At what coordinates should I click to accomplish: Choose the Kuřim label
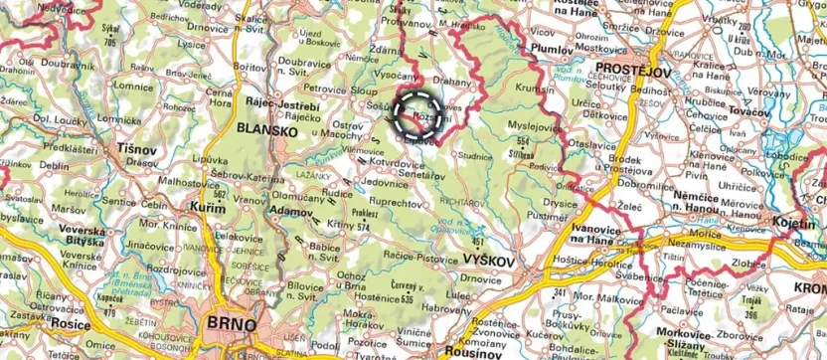[x=203, y=205]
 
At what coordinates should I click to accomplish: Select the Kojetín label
[x=795, y=230]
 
